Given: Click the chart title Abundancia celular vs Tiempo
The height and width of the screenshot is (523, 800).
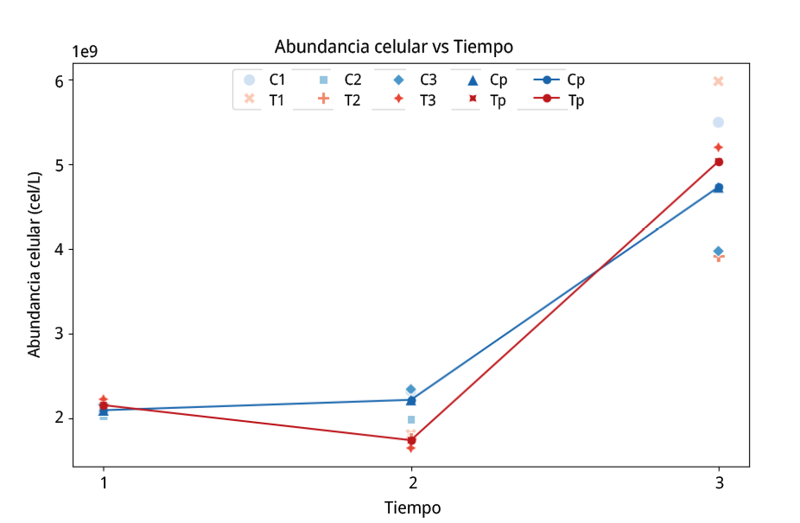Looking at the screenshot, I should click(x=393, y=46).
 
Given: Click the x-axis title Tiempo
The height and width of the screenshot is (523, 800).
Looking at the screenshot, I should click(x=412, y=507).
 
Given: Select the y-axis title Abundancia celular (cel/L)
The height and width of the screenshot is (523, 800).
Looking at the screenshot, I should click(x=35, y=264).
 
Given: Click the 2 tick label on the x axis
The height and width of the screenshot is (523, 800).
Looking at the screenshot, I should click(x=411, y=482).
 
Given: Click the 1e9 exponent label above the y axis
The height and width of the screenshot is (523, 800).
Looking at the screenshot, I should click(x=84, y=51).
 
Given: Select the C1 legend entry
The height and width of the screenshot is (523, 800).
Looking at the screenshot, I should click(x=266, y=80).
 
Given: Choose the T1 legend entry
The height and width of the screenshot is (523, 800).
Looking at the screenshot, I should click(x=266, y=99).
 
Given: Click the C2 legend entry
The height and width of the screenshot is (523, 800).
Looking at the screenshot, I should click(x=341, y=80).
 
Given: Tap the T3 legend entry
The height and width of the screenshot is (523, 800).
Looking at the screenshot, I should click(x=417, y=99).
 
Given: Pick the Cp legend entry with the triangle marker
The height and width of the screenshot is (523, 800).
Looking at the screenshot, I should click(x=488, y=80).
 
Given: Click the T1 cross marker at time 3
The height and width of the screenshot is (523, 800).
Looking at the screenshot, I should click(x=718, y=81).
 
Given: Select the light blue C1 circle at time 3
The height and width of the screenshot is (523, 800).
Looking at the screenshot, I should click(x=718, y=123).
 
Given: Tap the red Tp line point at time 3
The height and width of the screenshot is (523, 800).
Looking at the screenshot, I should click(x=718, y=162).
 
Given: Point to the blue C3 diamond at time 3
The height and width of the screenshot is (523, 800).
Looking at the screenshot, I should click(x=718, y=252).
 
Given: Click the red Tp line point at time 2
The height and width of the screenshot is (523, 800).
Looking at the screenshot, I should click(x=411, y=440).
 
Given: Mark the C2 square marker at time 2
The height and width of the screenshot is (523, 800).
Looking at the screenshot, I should click(x=411, y=419).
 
